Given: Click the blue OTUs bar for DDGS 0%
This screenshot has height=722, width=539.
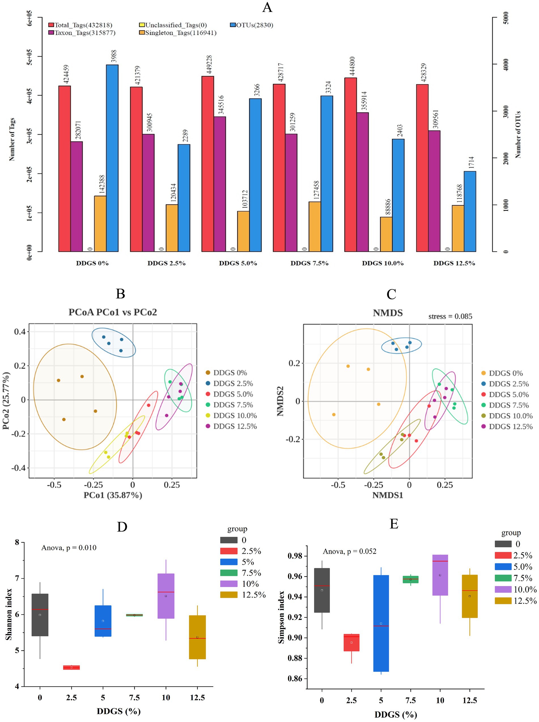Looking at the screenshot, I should click(x=112, y=158).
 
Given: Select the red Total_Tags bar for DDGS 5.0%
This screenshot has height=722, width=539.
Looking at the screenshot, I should click(x=207, y=164).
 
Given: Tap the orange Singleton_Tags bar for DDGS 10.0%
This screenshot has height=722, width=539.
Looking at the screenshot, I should click(x=386, y=234).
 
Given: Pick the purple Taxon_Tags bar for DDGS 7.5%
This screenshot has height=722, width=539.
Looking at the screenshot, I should click(x=291, y=192).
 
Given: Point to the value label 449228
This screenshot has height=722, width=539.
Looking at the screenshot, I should click(x=209, y=64).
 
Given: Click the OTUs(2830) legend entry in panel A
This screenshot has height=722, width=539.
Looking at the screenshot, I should click(x=252, y=25).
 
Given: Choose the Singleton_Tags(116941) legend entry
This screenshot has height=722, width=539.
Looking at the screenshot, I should click(x=177, y=33).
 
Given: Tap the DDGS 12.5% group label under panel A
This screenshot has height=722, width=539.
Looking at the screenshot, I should click(x=454, y=263).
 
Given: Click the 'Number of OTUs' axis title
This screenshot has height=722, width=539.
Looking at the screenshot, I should click(x=518, y=135).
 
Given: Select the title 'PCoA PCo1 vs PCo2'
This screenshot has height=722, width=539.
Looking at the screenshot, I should click(x=113, y=312).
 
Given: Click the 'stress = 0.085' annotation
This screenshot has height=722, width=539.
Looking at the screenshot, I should click(x=450, y=316).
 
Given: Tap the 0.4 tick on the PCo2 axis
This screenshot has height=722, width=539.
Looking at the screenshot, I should click(x=19, y=332).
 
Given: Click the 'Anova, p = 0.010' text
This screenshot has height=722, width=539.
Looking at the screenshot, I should click(x=69, y=548).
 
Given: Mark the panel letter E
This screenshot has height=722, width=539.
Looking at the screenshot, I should click(x=394, y=524).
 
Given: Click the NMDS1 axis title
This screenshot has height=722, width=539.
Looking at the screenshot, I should click(x=388, y=495).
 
